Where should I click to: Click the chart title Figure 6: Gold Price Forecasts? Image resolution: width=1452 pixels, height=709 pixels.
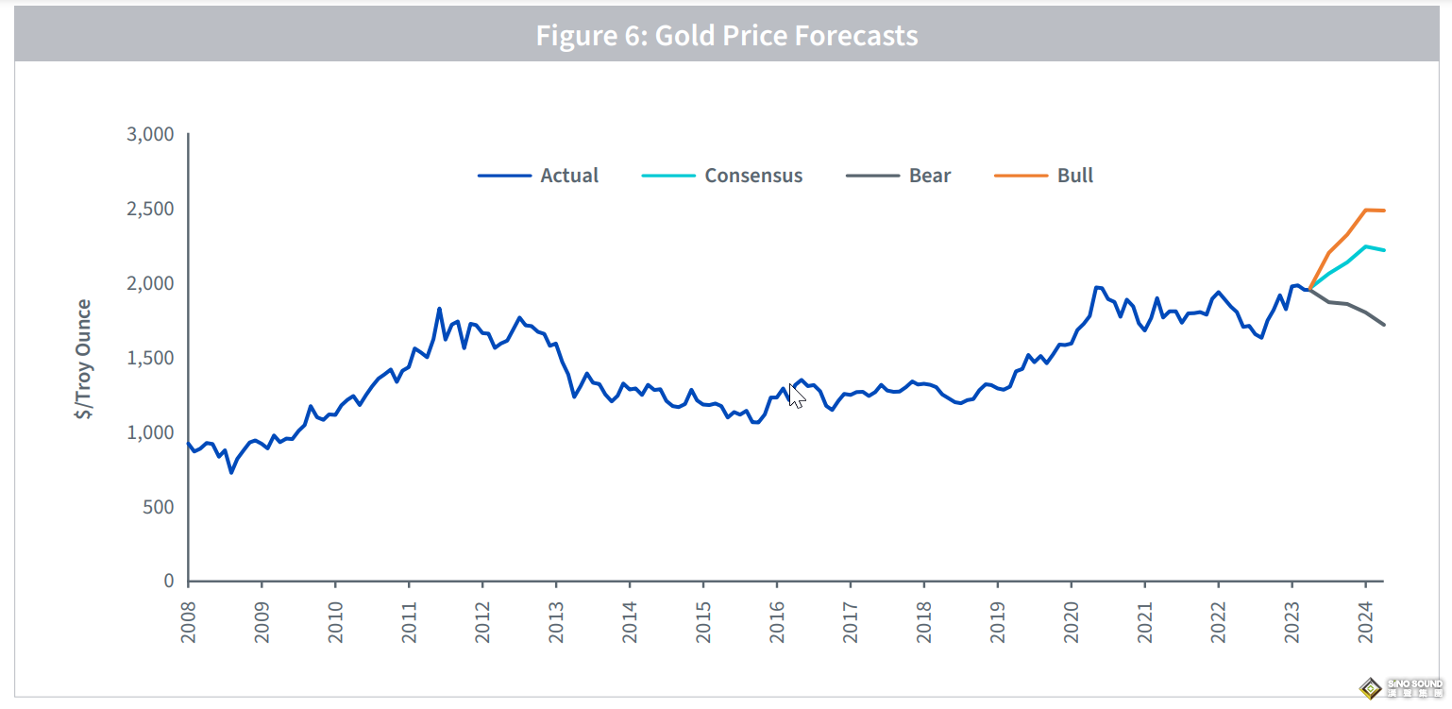(726, 36)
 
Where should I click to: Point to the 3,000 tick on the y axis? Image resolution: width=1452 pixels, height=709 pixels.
(150, 134)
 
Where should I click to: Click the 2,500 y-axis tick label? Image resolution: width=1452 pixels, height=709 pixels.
(150, 209)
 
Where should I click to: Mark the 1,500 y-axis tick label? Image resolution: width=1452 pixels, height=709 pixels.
(150, 358)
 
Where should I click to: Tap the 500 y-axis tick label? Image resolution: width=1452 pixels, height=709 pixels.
(158, 507)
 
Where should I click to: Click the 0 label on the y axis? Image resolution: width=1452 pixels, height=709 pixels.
(168, 582)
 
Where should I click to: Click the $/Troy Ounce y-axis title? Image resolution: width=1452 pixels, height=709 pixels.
(85, 359)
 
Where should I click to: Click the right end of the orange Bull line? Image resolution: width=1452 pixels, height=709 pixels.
(1384, 211)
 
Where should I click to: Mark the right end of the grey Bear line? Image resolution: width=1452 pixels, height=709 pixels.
(1384, 325)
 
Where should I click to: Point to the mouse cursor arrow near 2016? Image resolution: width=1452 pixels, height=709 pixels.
(796, 396)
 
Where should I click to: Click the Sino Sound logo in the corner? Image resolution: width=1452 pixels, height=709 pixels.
(1401, 687)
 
